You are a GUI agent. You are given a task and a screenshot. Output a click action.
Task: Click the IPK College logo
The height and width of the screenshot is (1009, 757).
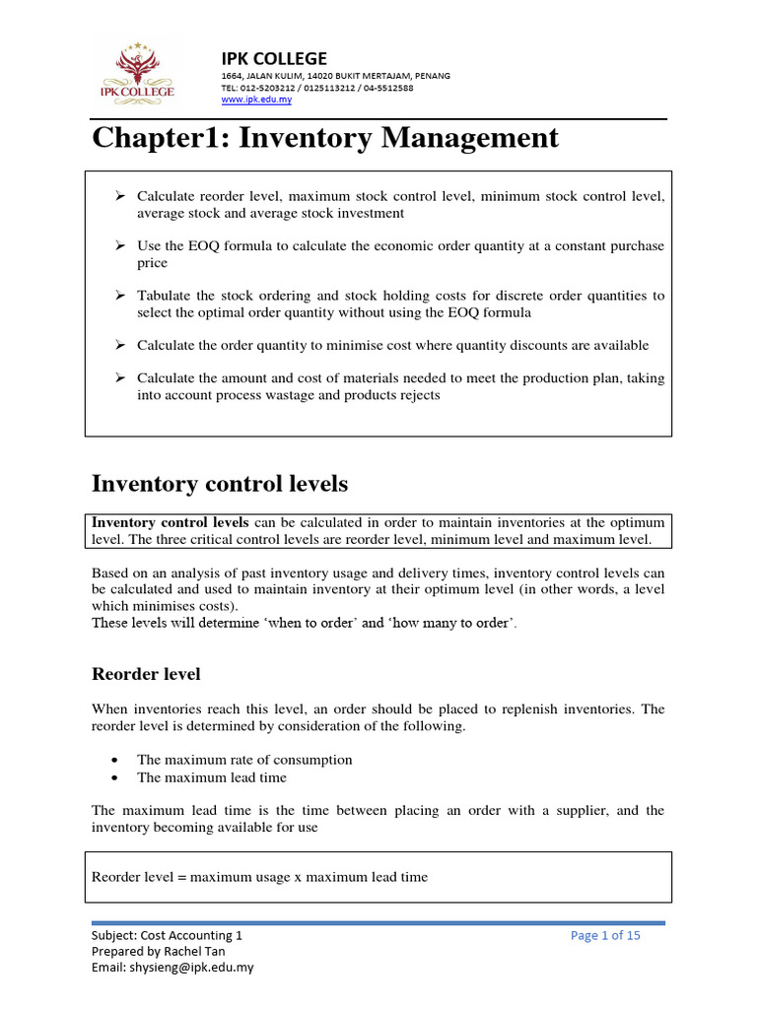coord(136,72)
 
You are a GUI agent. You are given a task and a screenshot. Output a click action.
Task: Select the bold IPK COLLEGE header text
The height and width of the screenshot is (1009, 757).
coord(273,57)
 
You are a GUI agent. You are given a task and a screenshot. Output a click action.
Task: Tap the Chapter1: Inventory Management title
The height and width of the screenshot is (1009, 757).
coord(325,138)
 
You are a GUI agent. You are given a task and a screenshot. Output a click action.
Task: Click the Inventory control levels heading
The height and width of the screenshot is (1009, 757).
coord(220,484)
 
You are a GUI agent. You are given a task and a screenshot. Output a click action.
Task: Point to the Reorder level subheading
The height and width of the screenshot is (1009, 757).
coord(146,674)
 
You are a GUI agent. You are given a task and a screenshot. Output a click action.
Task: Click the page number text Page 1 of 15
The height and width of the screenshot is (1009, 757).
coord(605,935)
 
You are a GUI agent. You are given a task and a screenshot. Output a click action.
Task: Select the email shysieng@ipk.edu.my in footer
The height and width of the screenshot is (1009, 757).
coord(172,967)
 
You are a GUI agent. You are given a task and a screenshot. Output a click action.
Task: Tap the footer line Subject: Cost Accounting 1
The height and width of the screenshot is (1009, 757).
coord(166,935)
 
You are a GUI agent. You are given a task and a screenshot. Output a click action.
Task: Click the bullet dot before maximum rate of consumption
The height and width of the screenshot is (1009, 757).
coord(117,760)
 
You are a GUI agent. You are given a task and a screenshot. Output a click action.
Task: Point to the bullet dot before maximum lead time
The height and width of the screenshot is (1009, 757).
coord(117,777)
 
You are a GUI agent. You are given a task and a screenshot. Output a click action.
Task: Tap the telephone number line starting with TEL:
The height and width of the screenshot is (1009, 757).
coord(316,88)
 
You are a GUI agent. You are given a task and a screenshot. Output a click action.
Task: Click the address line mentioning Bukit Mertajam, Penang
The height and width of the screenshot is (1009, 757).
coord(321,76)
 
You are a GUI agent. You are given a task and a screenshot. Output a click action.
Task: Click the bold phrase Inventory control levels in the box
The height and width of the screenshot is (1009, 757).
coord(172,522)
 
